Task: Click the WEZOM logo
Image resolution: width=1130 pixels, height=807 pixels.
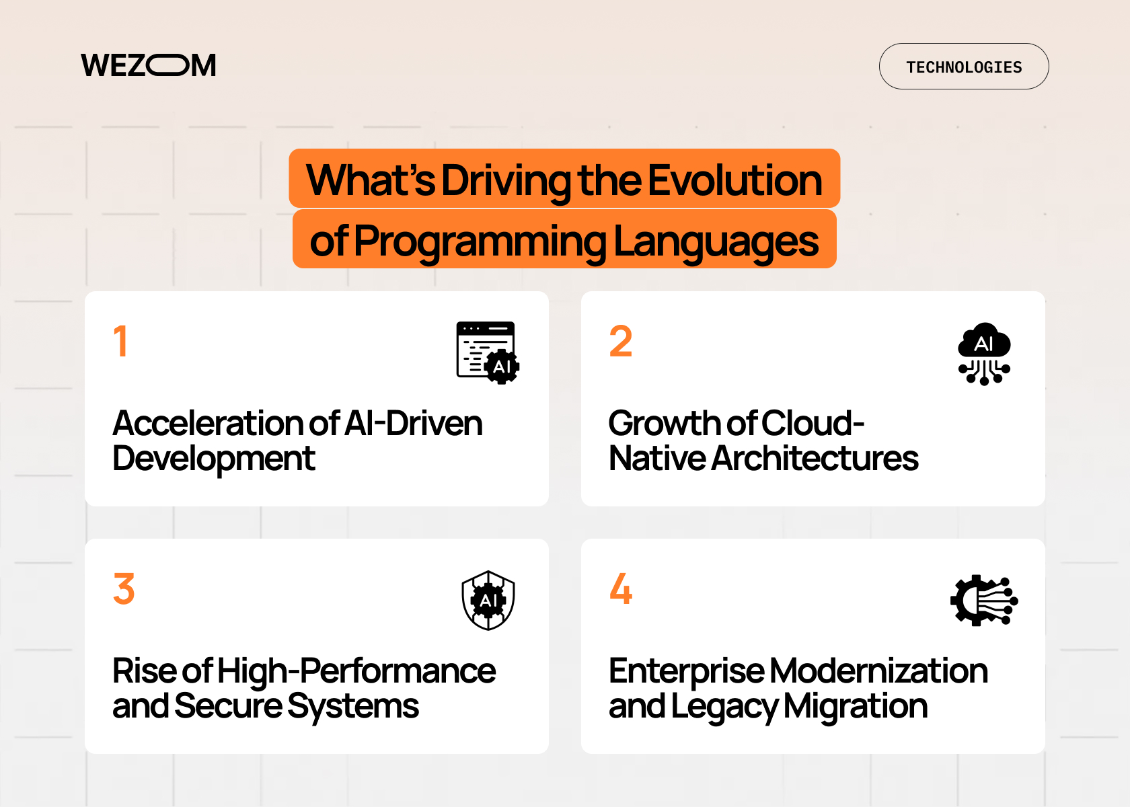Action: point(149,66)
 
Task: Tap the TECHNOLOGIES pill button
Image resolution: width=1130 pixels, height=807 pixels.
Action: point(963,67)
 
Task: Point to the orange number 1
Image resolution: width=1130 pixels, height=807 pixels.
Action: point(121,341)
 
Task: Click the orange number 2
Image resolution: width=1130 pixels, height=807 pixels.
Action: point(620,341)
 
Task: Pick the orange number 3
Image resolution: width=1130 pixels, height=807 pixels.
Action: point(124,588)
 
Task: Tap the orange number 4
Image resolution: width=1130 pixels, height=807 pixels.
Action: point(620,588)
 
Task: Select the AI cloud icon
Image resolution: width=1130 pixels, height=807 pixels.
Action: point(984,353)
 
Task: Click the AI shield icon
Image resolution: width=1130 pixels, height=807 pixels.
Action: point(488,600)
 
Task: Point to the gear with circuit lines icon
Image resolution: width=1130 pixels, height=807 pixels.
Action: point(984,600)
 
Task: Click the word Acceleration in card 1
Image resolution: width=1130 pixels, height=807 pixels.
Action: point(206,424)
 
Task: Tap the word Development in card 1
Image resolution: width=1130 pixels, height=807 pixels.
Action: point(213,459)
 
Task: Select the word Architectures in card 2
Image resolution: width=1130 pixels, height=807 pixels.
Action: point(815,459)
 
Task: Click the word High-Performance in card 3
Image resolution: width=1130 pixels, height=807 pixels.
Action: point(356,671)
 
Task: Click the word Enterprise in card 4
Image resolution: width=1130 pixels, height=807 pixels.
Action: point(686,671)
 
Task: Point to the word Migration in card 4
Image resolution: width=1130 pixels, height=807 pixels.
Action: point(855,707)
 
